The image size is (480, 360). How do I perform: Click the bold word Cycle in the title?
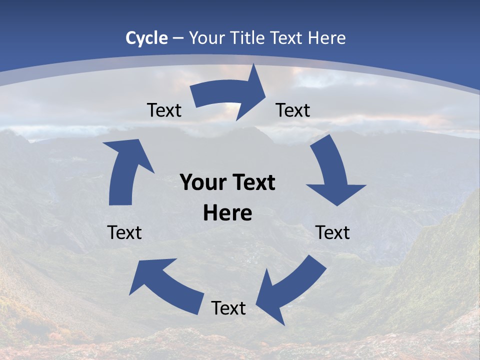(x=146, y=38)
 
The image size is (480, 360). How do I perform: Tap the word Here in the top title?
(x=327, y=38)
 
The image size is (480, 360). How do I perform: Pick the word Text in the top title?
(x=287, y=38)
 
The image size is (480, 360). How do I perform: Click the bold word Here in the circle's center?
(x=227, y=213)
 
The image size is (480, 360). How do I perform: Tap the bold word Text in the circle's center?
(x=252, y=182)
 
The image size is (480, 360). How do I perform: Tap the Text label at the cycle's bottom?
(x=228, y=308)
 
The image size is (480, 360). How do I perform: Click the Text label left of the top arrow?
(x=164, y=110)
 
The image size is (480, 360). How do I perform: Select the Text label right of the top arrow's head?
(x=293, y=110)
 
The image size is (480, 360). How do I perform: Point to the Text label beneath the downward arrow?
(x=332, y=232)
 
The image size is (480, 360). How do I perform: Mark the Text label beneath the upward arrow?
(x=124, y=232)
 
